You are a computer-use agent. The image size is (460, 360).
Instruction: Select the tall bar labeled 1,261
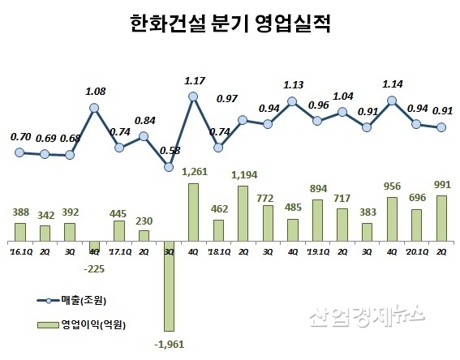pos(193,212)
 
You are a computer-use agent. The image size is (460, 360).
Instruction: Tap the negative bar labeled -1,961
pos(169,286)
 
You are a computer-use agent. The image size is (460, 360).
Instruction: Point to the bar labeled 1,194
pos(243,214)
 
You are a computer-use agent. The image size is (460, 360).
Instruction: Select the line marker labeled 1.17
pos(193,96)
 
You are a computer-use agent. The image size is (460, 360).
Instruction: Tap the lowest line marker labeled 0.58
pos(169,167)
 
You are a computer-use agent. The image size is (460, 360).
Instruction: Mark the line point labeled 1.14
pos(392,101)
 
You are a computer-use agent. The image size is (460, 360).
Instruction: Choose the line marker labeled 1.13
pos(293,101)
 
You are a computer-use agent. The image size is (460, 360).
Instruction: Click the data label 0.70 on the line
pos(22,137)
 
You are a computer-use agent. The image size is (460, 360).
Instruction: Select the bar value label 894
pos(317,188)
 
